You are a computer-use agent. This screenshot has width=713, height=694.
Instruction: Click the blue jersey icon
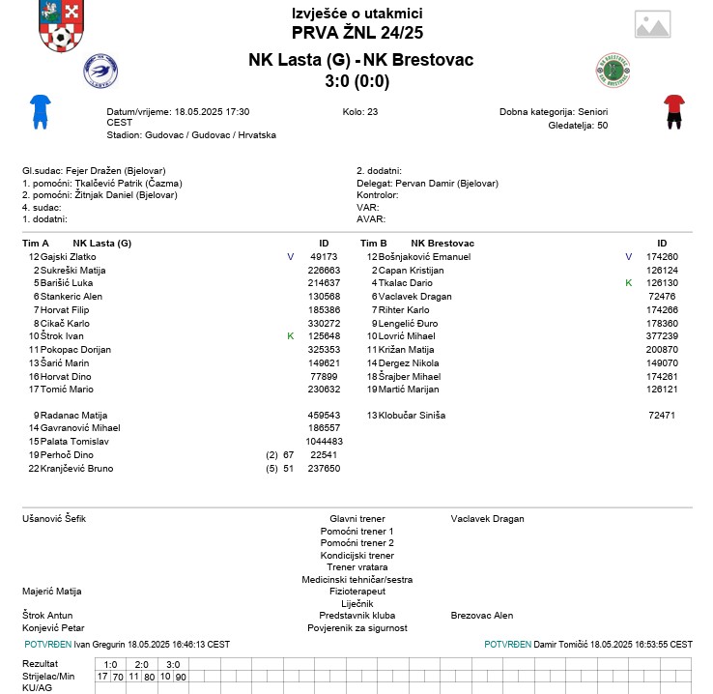[x=40, y=111]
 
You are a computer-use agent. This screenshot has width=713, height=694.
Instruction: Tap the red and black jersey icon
[x=673, y=111]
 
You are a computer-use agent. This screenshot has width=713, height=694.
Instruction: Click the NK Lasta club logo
[x=101, y=72]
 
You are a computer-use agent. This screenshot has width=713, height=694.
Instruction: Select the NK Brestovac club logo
[x=613, y=72]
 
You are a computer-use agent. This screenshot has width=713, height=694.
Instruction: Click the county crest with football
[x=61, y=27]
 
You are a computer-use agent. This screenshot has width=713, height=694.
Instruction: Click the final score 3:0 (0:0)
[x=357, y=81]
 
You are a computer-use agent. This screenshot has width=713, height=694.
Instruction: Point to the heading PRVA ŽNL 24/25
[x=357, y=33]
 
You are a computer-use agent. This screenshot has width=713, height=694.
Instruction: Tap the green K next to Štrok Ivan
[x=290, y=336]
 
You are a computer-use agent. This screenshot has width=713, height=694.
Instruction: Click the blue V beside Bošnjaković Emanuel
[x=628, y=257]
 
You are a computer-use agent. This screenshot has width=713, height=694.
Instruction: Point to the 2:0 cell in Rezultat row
[x=141, y=665]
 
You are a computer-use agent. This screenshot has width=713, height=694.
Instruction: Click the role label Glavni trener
[x=357, y=519]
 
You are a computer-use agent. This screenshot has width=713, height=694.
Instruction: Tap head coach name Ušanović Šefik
[x=54, y=519]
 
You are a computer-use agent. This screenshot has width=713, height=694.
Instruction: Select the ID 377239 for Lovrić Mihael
[x=662, y=336]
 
